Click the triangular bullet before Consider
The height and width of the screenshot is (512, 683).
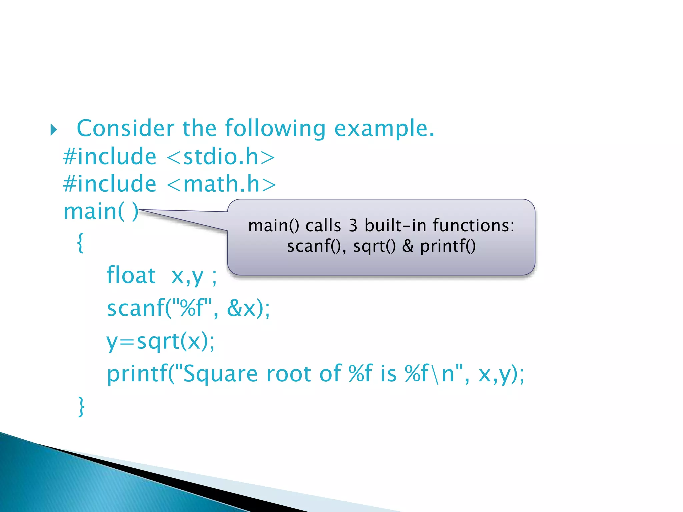pos(54,130)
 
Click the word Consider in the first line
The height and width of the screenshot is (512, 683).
pos(125,128)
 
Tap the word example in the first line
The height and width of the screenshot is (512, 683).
pos(384,129)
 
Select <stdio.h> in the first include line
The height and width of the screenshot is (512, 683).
pos(221,156)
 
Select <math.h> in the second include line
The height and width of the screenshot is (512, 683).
pos(221,184)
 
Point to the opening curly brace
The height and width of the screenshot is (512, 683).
pos(80,243)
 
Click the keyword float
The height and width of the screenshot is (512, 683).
pos(131,275)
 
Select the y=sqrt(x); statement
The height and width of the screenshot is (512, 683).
pos(160,341)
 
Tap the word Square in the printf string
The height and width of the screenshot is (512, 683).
pos(220,374)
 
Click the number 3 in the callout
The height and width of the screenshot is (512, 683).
pos(353,225)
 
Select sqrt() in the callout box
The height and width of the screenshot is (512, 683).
pos(374,246)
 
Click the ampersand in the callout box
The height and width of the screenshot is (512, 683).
pos(407,246)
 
